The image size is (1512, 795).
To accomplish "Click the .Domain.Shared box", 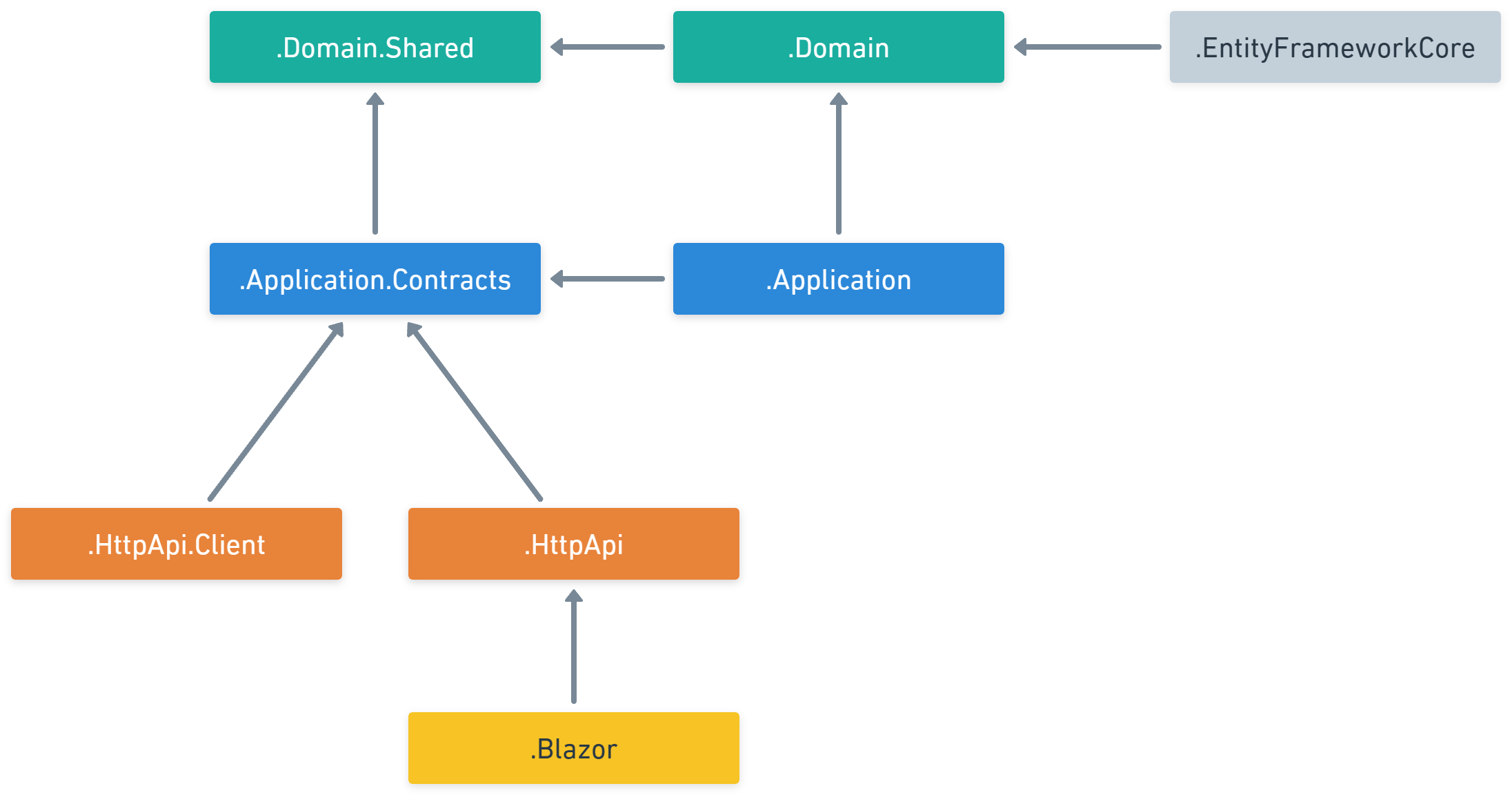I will coord(375,47).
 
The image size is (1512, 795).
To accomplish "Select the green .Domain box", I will coord(838,47).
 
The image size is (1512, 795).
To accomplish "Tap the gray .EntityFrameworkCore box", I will coord(1335,47).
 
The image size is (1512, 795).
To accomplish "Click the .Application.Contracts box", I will coord(375,279).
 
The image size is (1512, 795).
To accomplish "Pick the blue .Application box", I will coord(838,279).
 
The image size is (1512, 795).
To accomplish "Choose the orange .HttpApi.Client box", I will coord(176,544).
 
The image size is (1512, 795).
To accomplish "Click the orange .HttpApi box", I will coord(573,544).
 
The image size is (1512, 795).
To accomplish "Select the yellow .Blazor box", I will coord(573,748).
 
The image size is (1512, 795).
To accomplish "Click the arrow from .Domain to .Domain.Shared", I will coord(607,47).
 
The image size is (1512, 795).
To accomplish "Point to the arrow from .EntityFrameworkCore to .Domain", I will coord(1087,47).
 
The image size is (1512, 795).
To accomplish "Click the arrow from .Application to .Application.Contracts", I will coord(607,279).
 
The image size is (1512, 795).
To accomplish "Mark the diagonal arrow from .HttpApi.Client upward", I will coord(276,411).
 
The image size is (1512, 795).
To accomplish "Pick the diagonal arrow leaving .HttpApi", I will coord(475,411).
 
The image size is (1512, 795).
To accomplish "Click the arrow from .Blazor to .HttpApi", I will coord(574,649).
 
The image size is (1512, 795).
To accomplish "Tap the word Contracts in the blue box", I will coord(452,280).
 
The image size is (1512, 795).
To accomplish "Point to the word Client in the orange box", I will coord(230,545).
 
